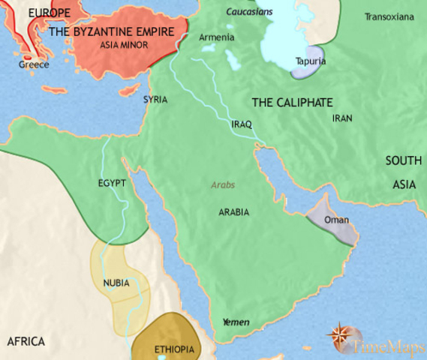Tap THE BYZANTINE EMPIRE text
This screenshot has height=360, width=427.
(117, 32)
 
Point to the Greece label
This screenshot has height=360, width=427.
(35, 65)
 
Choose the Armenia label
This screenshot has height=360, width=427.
(217, 37)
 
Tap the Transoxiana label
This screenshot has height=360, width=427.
(388, 16)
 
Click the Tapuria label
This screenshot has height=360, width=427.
(310, 61)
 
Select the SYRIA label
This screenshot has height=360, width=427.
(155, 99)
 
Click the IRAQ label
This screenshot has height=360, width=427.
(242, 124)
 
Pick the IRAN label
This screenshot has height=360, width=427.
(341, 118)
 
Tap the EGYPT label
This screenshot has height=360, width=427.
(111, 183)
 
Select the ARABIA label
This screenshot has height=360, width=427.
(233, 212)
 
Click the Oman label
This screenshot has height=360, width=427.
(335, 221)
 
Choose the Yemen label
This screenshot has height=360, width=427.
(236, 322)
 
